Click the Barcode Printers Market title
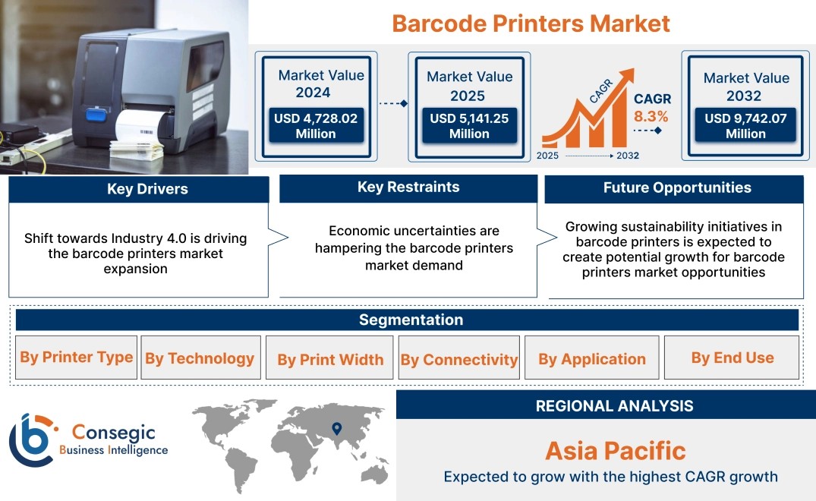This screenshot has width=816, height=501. click(531, 24)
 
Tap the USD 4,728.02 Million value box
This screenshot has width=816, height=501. click(316, 125)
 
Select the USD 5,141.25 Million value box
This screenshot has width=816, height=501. click(469, 125)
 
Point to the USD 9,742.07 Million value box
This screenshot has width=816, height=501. click(745, 125)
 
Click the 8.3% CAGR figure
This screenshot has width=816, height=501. click(651, 116)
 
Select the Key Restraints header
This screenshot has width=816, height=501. click(408, 187)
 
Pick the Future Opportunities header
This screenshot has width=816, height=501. click(674, 188)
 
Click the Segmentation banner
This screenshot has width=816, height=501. click(407, 320)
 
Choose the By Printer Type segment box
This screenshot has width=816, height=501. click(77, 358)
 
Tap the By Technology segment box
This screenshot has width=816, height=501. click(200, 358)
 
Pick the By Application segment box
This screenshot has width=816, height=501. click(592, 358)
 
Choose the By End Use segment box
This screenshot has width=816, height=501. click(732, 358)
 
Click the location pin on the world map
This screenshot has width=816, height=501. click(337, 428)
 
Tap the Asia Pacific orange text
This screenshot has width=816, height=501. click(616, 451)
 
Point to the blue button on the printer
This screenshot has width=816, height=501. click(96, 115)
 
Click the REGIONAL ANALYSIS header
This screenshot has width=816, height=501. click(615, 406)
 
